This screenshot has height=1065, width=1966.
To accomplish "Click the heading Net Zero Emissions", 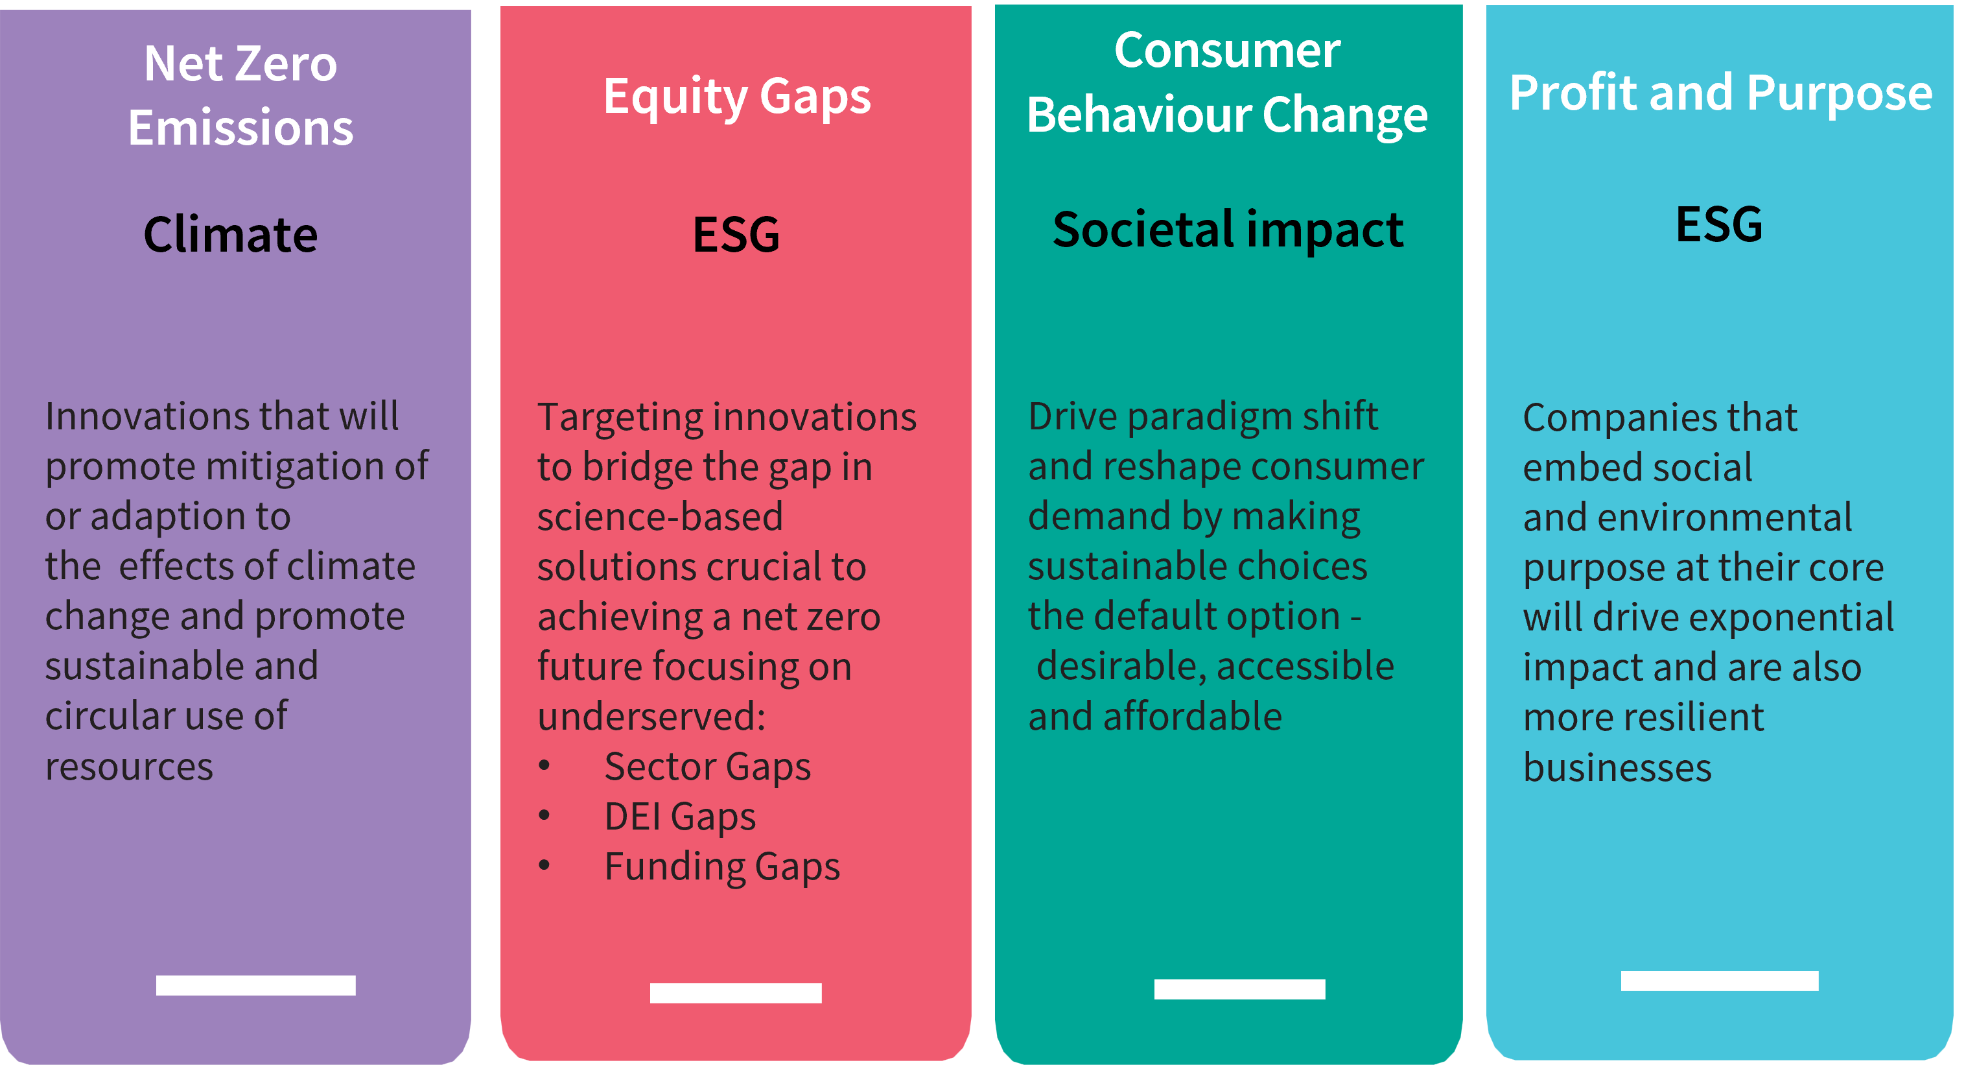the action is [x=240, y=95].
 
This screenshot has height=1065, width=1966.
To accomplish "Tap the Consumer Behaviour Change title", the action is [x=1227, y=82].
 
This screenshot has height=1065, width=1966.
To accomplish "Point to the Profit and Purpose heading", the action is [x=1721, y=94].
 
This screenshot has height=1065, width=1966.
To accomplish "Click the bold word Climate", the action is [x=231, y=233].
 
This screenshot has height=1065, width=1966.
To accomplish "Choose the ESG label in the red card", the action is [x=736, y=233].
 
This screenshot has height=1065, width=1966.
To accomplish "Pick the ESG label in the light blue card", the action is [x=1720, y=224].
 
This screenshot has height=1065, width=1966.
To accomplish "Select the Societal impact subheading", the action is [x=1228, y=230].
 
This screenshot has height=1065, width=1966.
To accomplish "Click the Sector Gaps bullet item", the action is [x=707, y=767].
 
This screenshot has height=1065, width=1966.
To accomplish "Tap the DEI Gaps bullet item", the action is [x=680, y=817].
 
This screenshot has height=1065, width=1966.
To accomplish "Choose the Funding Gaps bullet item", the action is [x=722, y=867].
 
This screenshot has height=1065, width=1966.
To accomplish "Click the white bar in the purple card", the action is [x=255, y=986].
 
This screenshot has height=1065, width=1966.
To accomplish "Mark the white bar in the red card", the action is [x=736, y=993].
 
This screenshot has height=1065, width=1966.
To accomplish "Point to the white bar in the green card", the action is [x=1239, y=989].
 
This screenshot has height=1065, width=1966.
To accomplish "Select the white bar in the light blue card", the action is [x=1720, y=981].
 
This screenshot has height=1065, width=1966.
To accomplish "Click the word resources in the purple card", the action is [x=129, y=767].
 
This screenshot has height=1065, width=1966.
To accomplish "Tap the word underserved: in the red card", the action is [x=651, y=716].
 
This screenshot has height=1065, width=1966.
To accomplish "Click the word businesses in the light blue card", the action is [x=1617, y=767].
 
